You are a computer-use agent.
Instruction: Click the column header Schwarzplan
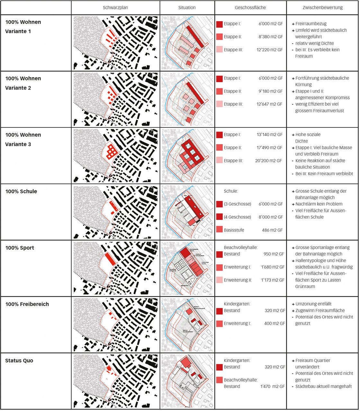click(x=115, y=7)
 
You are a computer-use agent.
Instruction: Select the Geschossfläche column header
click(x=250, y=7)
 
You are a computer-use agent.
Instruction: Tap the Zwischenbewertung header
click(x=322, y=7)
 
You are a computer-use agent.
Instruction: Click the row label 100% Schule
click(x=21, y=191)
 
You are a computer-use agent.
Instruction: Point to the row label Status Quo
click(x=19, y=361)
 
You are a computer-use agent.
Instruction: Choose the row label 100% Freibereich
click(x=27, y=304)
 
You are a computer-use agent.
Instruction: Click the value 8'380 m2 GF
click(x=271, y=37)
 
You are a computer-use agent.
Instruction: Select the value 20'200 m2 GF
click(x=269, y=161)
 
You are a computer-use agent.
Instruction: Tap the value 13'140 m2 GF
click(x=270, y=135)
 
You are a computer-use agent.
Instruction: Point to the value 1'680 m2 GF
click(x=273, y=267)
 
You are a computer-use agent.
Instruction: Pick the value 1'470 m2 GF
click(x=273, y=386)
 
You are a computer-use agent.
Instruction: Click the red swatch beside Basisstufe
click(x=220, y=230)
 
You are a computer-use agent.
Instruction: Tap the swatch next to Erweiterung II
click(x=220, y=280)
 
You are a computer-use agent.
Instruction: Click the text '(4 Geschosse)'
click(x=237, y=217)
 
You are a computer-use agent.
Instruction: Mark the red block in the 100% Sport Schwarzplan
click(x=110, y=259)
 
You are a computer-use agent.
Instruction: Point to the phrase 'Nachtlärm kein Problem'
click(x=319, y=204)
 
